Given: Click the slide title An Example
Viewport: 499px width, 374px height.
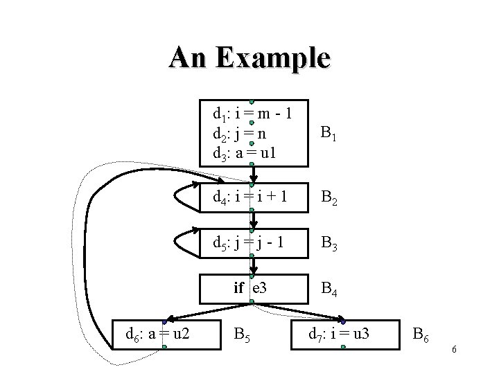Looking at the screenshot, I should (x=249, y=57).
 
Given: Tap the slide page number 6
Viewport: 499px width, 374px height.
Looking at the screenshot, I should (x=453, y=350).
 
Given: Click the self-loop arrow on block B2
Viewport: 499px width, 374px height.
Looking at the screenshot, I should (x=179, y=197).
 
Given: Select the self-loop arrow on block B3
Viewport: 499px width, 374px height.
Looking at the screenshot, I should (x=179, y=242).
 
